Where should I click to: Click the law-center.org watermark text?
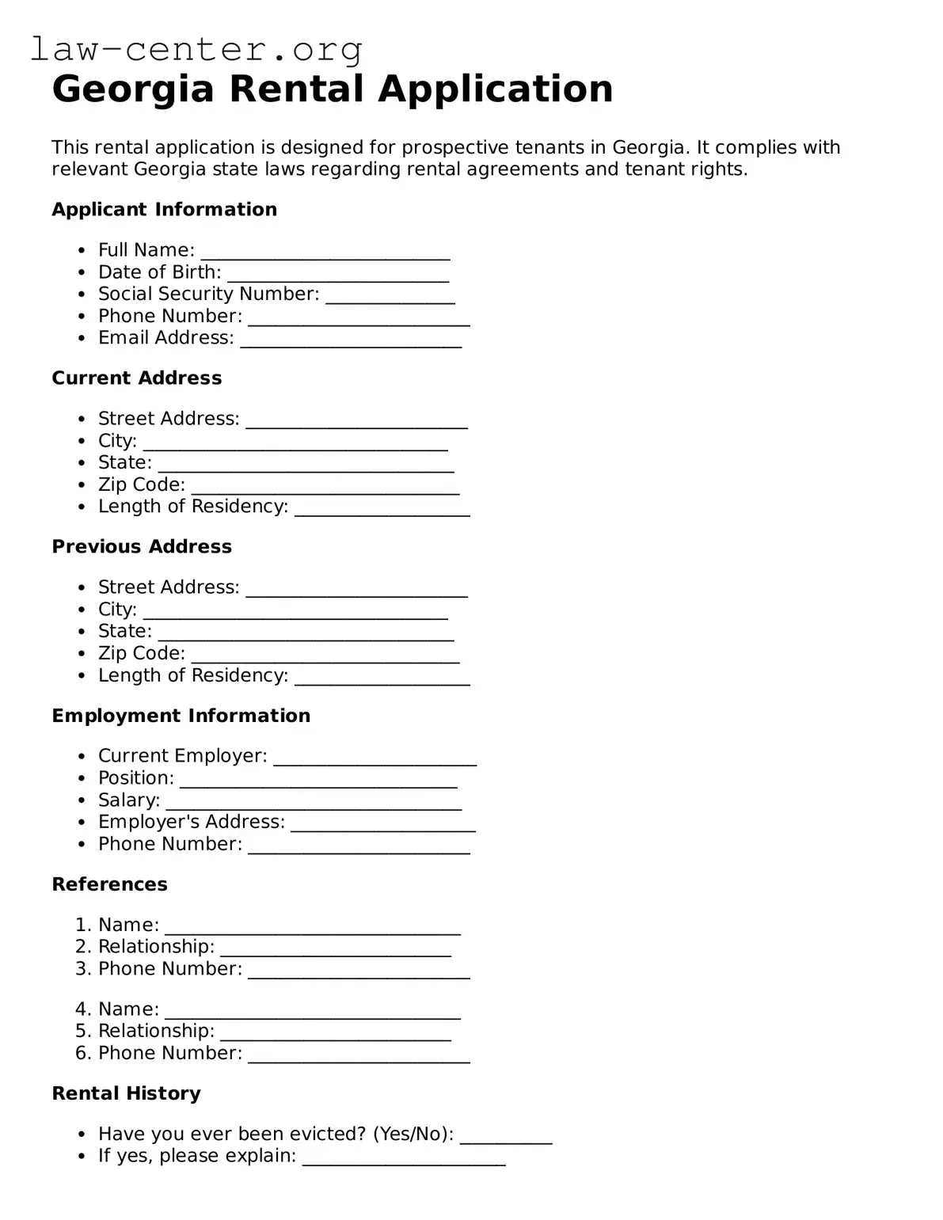pyautogui.click(x=196, y=49)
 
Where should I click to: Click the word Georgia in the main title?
pyautogui.click(x=133, y=89)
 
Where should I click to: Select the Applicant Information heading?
pyautogui.click(x=164, y=210)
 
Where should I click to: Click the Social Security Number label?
pyautogui.click(x=208, y=294)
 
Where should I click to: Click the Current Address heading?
pyautogui.click(x=136, y=378)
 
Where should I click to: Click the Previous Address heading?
pyautogui.click(x=142, y=547)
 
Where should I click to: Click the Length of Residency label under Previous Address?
pyautogui.click(x=192, y=675)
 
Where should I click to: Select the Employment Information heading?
pyautogui.click(x=181, y=716)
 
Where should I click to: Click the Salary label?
pyautogui.click(x=129, y=800)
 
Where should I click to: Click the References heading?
pyautogui.click(x=109, y=884)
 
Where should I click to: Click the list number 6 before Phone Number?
pyautogui.click(x=82, y=1053)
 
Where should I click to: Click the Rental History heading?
pyautogui.click(x=126, y=1093)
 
